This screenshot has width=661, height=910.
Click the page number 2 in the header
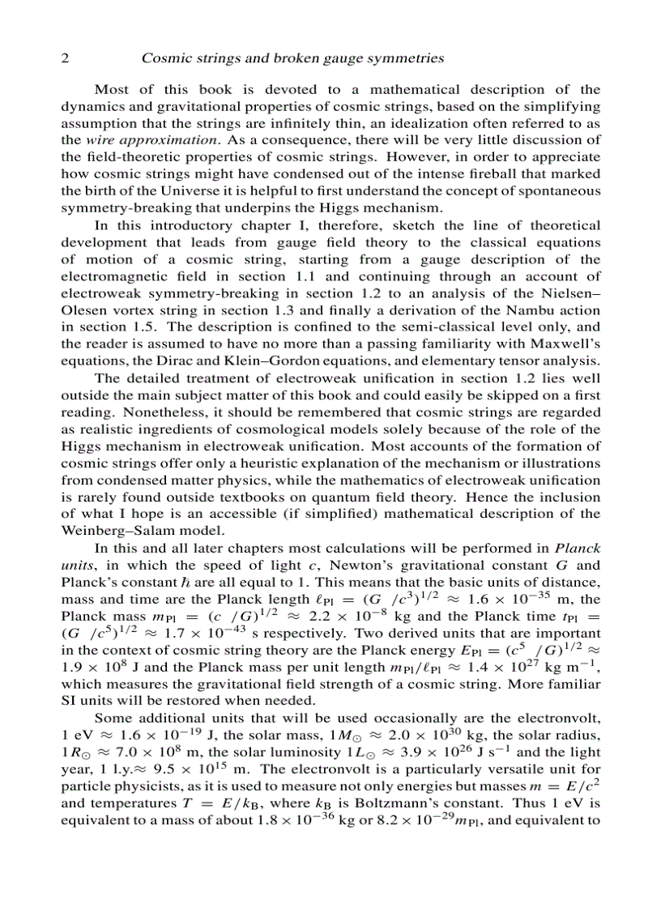click(x=66, y=58)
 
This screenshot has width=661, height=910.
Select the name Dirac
click(x=188, y=361)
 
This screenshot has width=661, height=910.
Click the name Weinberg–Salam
click(x=118, y=531)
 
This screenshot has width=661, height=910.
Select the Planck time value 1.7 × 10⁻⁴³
click(x=188, y=634)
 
